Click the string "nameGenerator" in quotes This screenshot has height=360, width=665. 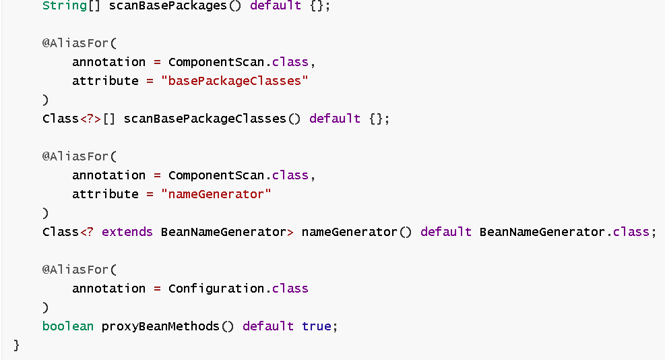tap(216, 194)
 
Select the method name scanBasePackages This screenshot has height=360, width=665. tap(168, 5)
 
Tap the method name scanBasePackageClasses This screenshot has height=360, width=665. tap(205, 119)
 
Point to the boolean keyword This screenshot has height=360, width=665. tap(68, 326)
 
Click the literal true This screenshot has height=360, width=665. tap(317, 326)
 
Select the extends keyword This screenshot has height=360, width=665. tap(127, 232)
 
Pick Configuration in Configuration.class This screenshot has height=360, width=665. tap(216, 289)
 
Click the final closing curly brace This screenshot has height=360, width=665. tap(17, 345)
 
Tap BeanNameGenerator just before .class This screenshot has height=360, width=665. tap(542, 232)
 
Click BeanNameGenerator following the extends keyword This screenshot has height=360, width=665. tap(224, 232)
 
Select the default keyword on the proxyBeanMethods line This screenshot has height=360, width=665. tap(268, 326)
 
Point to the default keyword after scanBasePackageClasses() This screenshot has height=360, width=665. tap(335, 119)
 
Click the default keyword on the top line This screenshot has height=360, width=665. tap(276, 5)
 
